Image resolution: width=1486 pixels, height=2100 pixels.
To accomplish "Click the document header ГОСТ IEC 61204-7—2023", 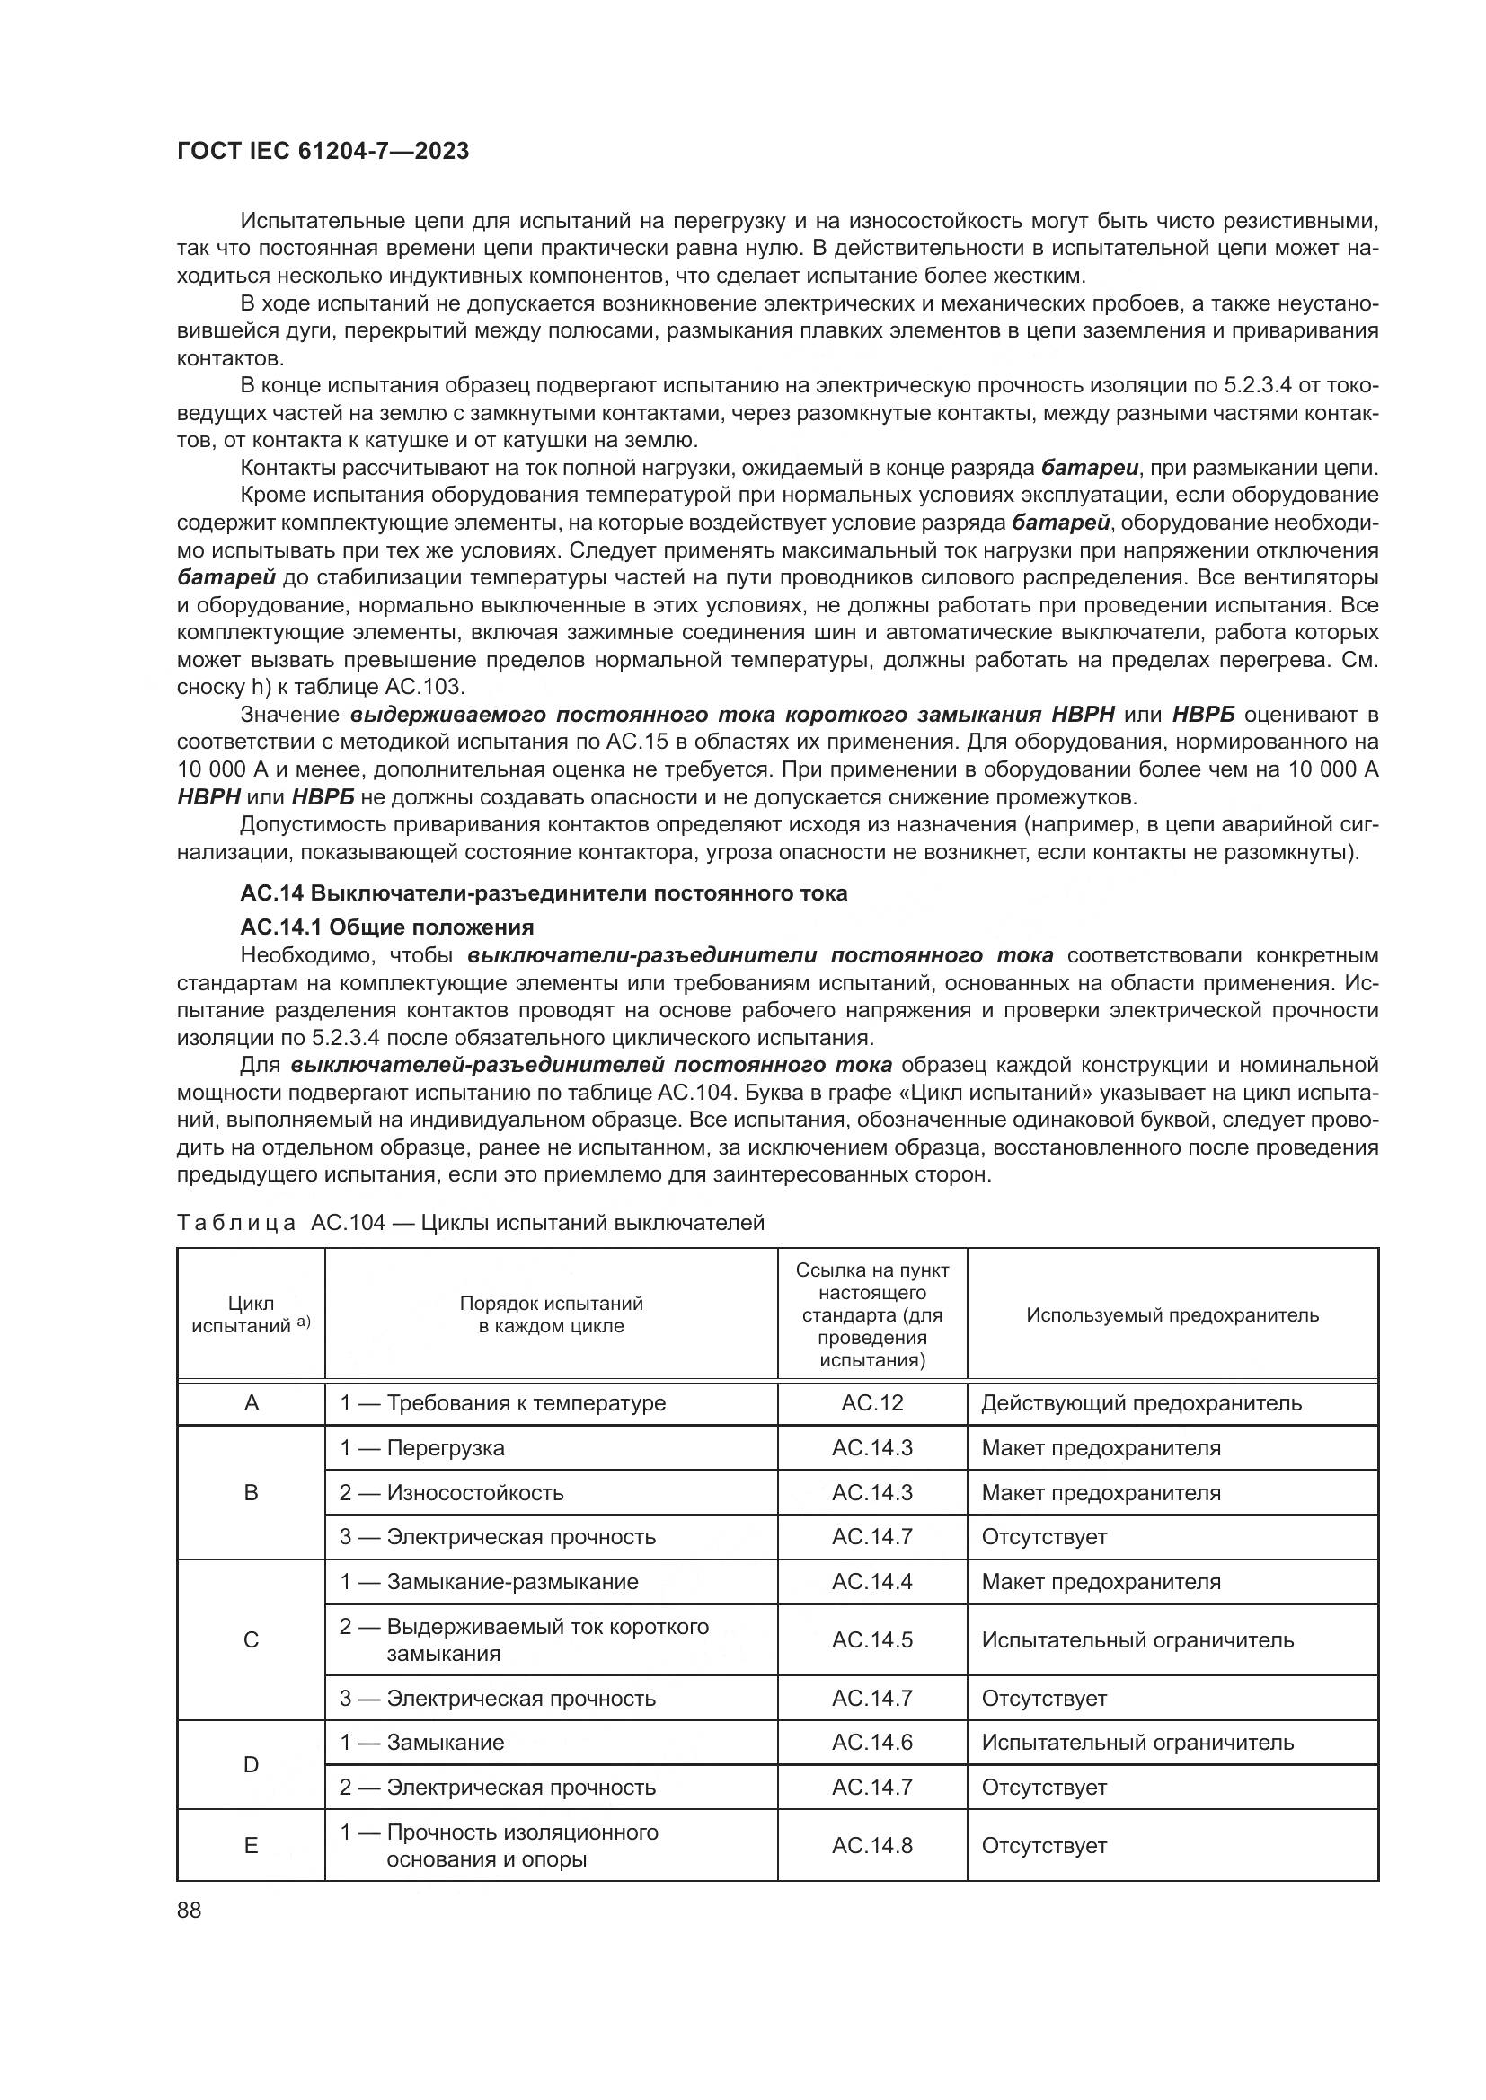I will tap(323, 152).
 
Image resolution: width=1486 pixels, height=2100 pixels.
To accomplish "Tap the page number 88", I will tap(190, 1911).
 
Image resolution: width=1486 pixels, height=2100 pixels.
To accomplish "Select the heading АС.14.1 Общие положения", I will tap(386, 927).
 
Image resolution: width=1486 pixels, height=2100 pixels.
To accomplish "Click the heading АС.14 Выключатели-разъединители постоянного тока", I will tap(544, 892).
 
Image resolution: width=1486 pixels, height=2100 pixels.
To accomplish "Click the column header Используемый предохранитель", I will tap(1172, 1315).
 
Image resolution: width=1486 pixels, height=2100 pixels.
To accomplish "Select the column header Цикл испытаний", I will tap(251, 1315).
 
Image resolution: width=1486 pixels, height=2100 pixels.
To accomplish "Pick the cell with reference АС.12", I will tap(872, 1403).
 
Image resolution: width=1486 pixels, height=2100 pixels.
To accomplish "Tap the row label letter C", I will tap(251, 1640).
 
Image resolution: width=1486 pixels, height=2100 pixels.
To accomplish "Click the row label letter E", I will tap(251, 1846).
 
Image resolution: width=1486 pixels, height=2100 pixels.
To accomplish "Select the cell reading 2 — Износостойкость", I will tap(451, 1493).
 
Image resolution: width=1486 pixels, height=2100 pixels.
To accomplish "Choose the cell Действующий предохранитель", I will tap(1141, 1403).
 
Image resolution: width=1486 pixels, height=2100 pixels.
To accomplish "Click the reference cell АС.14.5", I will tap(872, 1640).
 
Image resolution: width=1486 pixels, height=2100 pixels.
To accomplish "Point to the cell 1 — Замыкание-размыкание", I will tap(489, 1582).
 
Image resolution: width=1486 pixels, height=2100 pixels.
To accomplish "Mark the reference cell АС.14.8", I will tap(872, 1846).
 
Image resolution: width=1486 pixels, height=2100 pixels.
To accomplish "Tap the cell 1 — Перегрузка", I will tap(422, 1448).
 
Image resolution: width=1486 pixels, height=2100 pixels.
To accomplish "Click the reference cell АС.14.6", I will tap(872, 1743).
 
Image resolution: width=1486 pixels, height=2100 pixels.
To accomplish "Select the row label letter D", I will tap(251, 1764).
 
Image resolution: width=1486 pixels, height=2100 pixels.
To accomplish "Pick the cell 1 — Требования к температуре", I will tap(502, 1403).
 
